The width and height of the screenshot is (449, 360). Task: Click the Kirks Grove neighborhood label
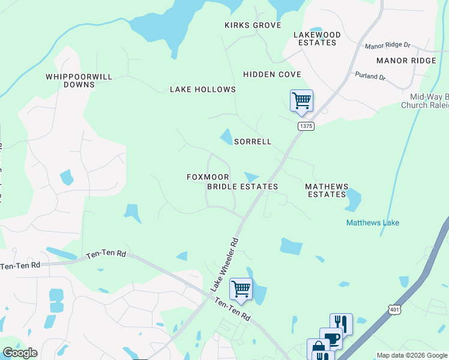pos(253,25)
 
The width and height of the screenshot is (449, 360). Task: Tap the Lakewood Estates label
pos(316,39)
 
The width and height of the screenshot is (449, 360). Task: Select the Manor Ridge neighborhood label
pos(406,61)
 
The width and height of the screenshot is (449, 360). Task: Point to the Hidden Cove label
pos(272,74)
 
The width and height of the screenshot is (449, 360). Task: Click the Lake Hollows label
pos(203,89)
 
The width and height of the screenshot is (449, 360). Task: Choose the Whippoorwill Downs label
pos(71,81)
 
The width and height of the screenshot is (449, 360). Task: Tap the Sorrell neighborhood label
pos(253,142)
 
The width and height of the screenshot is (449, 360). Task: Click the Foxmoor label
pos(208,177)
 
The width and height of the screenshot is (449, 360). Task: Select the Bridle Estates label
pos(243,187)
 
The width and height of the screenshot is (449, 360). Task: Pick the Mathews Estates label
pos(327,191)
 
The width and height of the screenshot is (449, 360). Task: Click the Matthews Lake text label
pos(373,223)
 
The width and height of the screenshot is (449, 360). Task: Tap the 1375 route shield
pos(306,125)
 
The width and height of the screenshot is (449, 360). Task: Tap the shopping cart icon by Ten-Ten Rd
pos(241,289)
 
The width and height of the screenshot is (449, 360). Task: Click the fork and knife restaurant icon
pos(341,323)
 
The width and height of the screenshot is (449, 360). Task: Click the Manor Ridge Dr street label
pos(387,46)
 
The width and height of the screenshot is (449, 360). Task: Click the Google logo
pos(20,353)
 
